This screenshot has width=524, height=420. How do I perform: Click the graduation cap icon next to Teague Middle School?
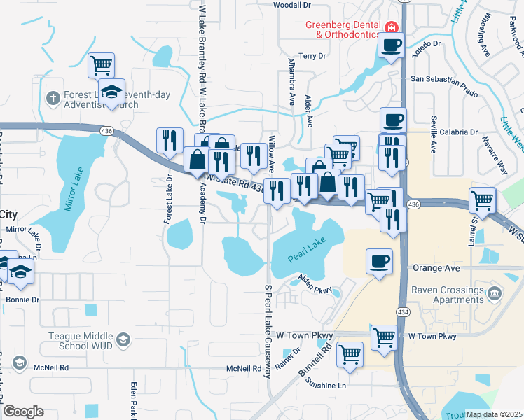(124, 340)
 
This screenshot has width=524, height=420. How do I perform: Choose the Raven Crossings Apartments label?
(448, 295)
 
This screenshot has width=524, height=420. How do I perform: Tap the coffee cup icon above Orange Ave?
(379, 262)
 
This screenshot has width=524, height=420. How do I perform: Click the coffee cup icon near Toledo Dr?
(391, 45)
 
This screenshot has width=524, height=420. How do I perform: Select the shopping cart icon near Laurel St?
(482, 199)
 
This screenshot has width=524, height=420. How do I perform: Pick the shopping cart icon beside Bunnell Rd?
(350, 353)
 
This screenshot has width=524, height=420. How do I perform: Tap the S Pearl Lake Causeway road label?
(267, 330)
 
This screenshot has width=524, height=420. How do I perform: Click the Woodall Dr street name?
(291, 5)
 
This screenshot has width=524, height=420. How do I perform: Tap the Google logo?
(23, 411)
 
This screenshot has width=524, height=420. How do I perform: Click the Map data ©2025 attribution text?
(494, 414)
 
